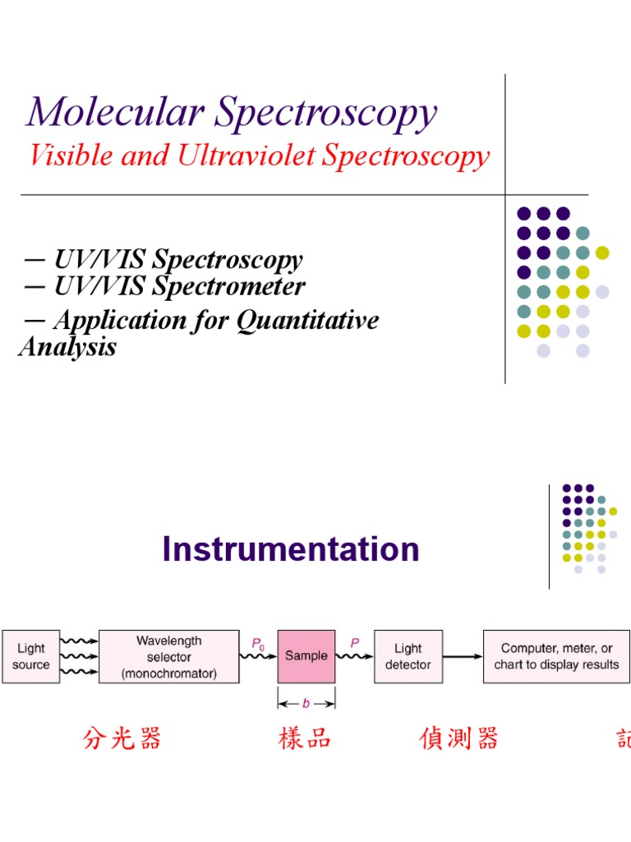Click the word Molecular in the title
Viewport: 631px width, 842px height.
115,113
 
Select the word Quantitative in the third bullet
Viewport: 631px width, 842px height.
308,320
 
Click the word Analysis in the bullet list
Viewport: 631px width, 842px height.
67,346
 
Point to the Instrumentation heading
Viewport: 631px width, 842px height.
291,549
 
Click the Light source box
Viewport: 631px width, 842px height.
31,656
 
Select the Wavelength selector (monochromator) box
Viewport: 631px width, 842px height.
169,656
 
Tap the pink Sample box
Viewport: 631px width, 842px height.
306,656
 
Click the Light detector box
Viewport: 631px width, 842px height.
408,656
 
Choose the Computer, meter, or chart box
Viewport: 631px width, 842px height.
556,656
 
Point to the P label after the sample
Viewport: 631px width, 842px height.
355,644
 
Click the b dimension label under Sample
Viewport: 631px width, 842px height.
306,703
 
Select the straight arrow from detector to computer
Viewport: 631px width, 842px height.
463,656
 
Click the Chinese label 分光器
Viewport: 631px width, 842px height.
122,738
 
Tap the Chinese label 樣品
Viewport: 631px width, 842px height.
305,738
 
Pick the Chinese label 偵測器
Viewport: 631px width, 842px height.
458,738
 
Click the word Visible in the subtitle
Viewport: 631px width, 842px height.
71,155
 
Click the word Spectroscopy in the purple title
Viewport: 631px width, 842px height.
326,113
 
